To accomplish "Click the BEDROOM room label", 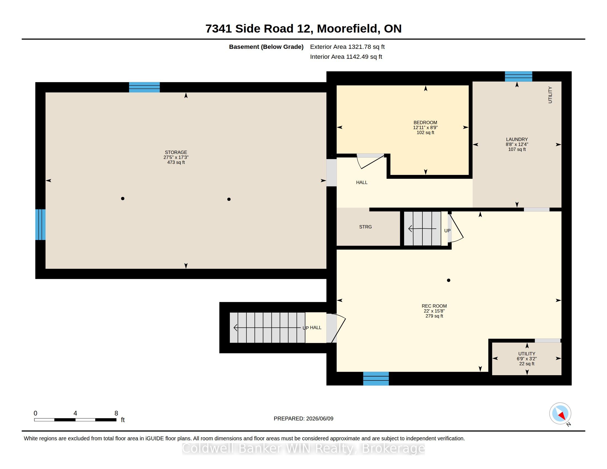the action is click(x=425, y=122).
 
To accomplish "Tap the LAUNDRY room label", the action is click(x=517, y=140).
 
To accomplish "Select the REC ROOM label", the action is click(x=434, y=306).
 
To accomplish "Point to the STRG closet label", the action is click(x=365, y=227).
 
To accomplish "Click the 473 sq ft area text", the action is click(x=176, y=162).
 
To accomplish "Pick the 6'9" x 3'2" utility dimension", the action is click(x=527, y=359).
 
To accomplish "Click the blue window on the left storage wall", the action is click(x=40, y=225).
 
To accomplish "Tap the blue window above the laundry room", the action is click(x=518, y=76).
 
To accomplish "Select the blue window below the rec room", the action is click(x=376, y=379).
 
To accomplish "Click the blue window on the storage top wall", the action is click(x=144, y=87).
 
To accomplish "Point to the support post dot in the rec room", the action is click(x=448, y=280).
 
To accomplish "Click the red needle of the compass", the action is click(x=562, y=416).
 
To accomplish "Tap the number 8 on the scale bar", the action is click(x=116, y=413).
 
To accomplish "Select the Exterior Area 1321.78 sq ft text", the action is click(x=347, y=47).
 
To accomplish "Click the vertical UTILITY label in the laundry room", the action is click(x=550, y=95).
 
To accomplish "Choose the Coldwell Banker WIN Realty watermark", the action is click(x=303, y=448).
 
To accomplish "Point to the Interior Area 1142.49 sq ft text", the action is click(x=346, y=57).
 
